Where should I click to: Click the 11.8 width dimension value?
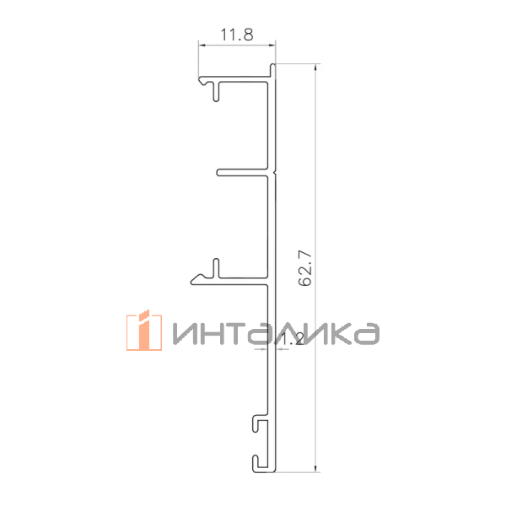coord(236,35)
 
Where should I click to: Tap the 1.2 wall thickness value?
coord(291,339)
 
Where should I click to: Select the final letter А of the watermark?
coord(368,334)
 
